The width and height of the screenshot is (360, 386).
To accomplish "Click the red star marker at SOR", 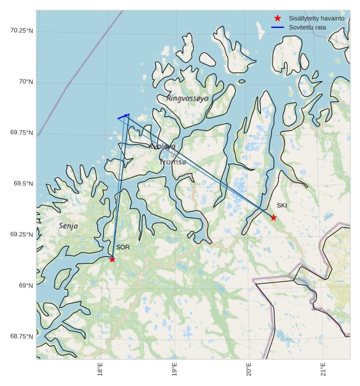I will (112, 259).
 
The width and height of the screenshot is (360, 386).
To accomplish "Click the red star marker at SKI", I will (273, 218).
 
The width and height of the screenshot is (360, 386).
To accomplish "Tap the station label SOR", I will (123, 247).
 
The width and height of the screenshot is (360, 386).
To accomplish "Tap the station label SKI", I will (282, 205).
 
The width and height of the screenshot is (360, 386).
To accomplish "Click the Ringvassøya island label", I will (188, 98).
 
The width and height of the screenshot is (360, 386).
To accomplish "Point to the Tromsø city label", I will (172, 162).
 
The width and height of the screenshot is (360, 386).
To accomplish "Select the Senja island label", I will (69, 226).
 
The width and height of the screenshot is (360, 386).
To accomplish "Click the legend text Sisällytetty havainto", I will (316, 18).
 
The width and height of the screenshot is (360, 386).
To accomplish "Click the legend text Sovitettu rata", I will (307, 27).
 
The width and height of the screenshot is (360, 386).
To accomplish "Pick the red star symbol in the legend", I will (277, 18).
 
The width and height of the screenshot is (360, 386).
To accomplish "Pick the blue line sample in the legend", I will (277, 27).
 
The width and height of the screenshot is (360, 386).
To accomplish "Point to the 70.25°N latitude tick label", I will (22, 31).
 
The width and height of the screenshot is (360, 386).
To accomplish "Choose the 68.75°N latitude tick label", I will (22, 337).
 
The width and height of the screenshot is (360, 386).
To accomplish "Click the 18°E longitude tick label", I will (100, 369).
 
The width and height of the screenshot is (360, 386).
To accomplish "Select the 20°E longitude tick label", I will (249, 369).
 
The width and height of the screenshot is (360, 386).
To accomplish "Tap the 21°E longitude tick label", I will (323, 369).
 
